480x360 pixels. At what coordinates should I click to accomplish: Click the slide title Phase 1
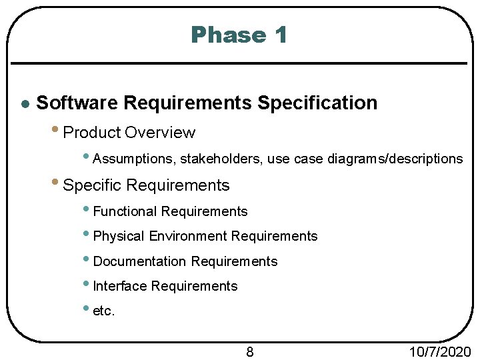click(x=239, y=35)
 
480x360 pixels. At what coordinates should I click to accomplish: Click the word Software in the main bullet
click(x=77, y=103)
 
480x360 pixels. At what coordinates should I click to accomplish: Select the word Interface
click(x=120, y=286)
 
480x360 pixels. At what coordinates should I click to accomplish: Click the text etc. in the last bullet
click(x=104, y=311)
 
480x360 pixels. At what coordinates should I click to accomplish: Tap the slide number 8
click(x=250, y=352)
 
